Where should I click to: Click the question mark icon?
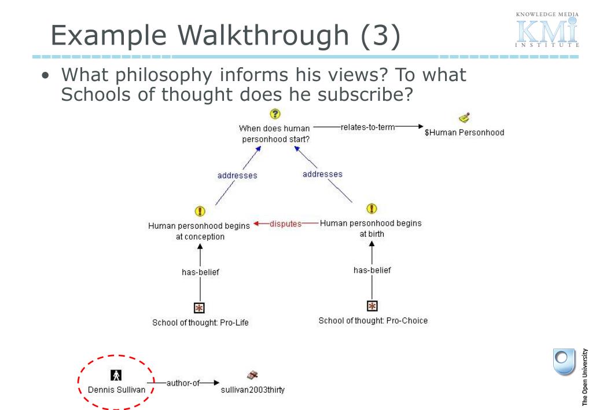275,114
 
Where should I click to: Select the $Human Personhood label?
464,133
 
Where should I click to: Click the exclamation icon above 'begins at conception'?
200,211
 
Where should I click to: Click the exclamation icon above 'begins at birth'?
372,208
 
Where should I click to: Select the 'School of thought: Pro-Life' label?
200,323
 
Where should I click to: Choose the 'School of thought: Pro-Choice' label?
373,320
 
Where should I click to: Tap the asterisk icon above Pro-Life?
200,307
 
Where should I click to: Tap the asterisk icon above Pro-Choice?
373,305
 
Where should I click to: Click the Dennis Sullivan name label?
116,390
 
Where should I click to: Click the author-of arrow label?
183,383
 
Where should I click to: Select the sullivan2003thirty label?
253,390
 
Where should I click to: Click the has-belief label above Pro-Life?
200,272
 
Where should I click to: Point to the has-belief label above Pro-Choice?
372,270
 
